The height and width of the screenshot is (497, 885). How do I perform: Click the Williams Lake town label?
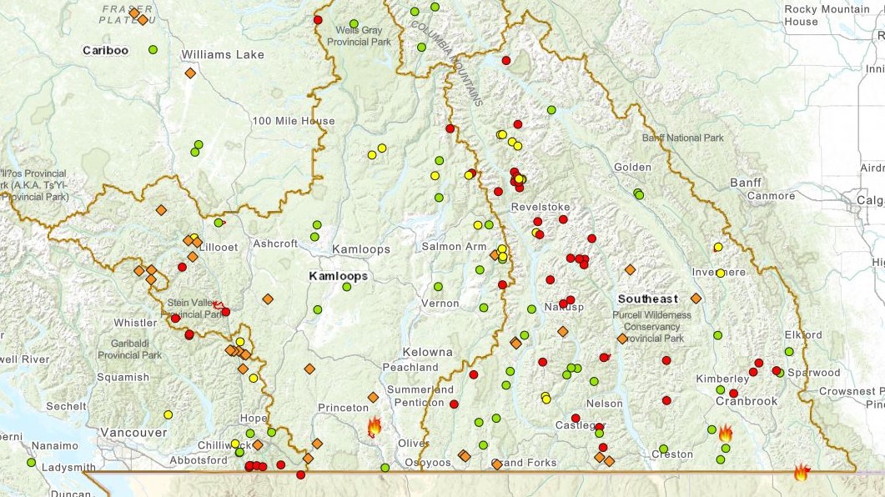coord(223,55)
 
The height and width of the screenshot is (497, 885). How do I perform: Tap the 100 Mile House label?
coord(294,121)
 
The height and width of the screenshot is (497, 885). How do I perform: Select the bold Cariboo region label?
coord(105,51)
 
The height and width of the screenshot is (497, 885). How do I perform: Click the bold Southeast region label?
coord(647,299)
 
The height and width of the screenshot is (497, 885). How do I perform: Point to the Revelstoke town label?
coord(541,207)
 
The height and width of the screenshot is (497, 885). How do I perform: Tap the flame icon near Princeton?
coord(374,427)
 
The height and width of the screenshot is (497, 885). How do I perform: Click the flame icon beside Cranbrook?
coord(725,433)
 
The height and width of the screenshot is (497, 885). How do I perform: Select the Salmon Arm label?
coord(454,247)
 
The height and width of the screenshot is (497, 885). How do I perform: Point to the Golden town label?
coord(632,167)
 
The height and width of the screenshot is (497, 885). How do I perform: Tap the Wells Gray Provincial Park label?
coord(359,36)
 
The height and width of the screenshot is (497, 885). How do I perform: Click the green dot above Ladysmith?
coord(32,462)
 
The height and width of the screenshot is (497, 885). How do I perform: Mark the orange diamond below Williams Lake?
coord(190,73)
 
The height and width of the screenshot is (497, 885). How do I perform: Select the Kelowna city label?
coord(427,352)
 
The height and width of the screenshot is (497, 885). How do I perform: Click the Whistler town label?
coord(135,323)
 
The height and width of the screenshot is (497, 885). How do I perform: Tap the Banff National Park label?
coord(683,138)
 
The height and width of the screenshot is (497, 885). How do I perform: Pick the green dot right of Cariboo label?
coord(153,49)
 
